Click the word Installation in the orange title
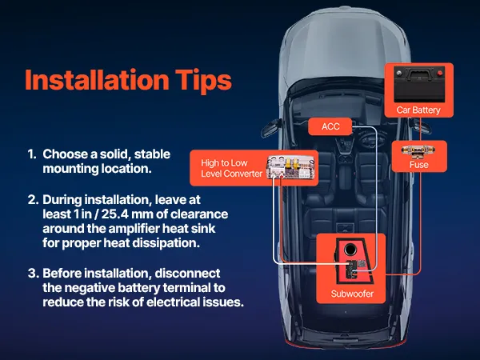click(97, 79)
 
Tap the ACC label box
click(330, 126)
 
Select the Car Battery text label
click(418, 110)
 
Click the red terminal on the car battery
click(439, 73)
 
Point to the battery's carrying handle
click(419, 74)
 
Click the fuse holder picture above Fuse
click(419, 150)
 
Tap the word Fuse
click(418, 165)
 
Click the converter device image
click(291, 167)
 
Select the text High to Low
click(224, 163)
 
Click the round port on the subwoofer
click(350, 249)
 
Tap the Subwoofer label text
click(352, 294)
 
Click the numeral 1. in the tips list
click(32, 154)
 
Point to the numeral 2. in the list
click(33, 199)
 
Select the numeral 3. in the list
click(33, 273)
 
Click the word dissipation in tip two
click(166, 243)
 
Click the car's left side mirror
click(270, 128)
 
